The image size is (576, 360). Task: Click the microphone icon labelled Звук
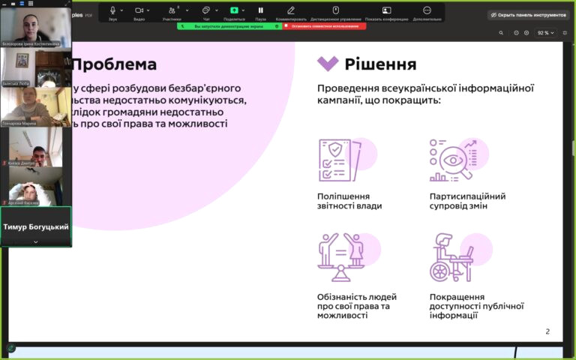click(112, 10)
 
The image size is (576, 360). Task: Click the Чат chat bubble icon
click(205, 10)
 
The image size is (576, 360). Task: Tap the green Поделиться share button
click(234, 10)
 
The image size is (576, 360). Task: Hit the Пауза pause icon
click(260, 10)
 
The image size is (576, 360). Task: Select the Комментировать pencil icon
click(291, 10)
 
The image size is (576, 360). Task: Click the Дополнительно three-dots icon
click(427, 10)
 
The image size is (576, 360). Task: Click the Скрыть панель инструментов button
click(527, 15)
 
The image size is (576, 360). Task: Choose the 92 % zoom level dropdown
click(546, 33)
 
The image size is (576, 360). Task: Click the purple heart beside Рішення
click(328, 64)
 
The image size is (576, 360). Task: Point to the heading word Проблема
click(114, 64)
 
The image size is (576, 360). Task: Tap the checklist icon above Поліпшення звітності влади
click(337, 160)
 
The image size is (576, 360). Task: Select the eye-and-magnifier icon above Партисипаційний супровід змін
click(452, 160)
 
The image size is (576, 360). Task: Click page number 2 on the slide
click(547, 331)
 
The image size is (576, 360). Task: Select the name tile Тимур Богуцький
click(36, 226)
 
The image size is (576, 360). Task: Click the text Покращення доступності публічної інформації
click(476, 306)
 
